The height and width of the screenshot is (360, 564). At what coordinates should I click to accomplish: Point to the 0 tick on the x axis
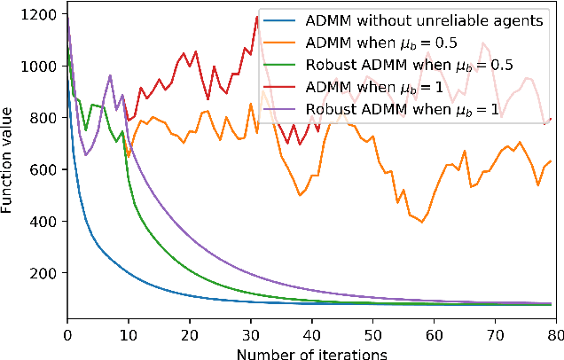[67, 335]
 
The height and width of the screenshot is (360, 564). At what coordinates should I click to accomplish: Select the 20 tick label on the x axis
[190, 335]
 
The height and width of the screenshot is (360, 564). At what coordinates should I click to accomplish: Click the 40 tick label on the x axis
[312, 335]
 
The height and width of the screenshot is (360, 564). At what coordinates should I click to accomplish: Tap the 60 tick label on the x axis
[435, 335]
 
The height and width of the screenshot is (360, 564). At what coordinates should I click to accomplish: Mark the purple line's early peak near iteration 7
[110, 76]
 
